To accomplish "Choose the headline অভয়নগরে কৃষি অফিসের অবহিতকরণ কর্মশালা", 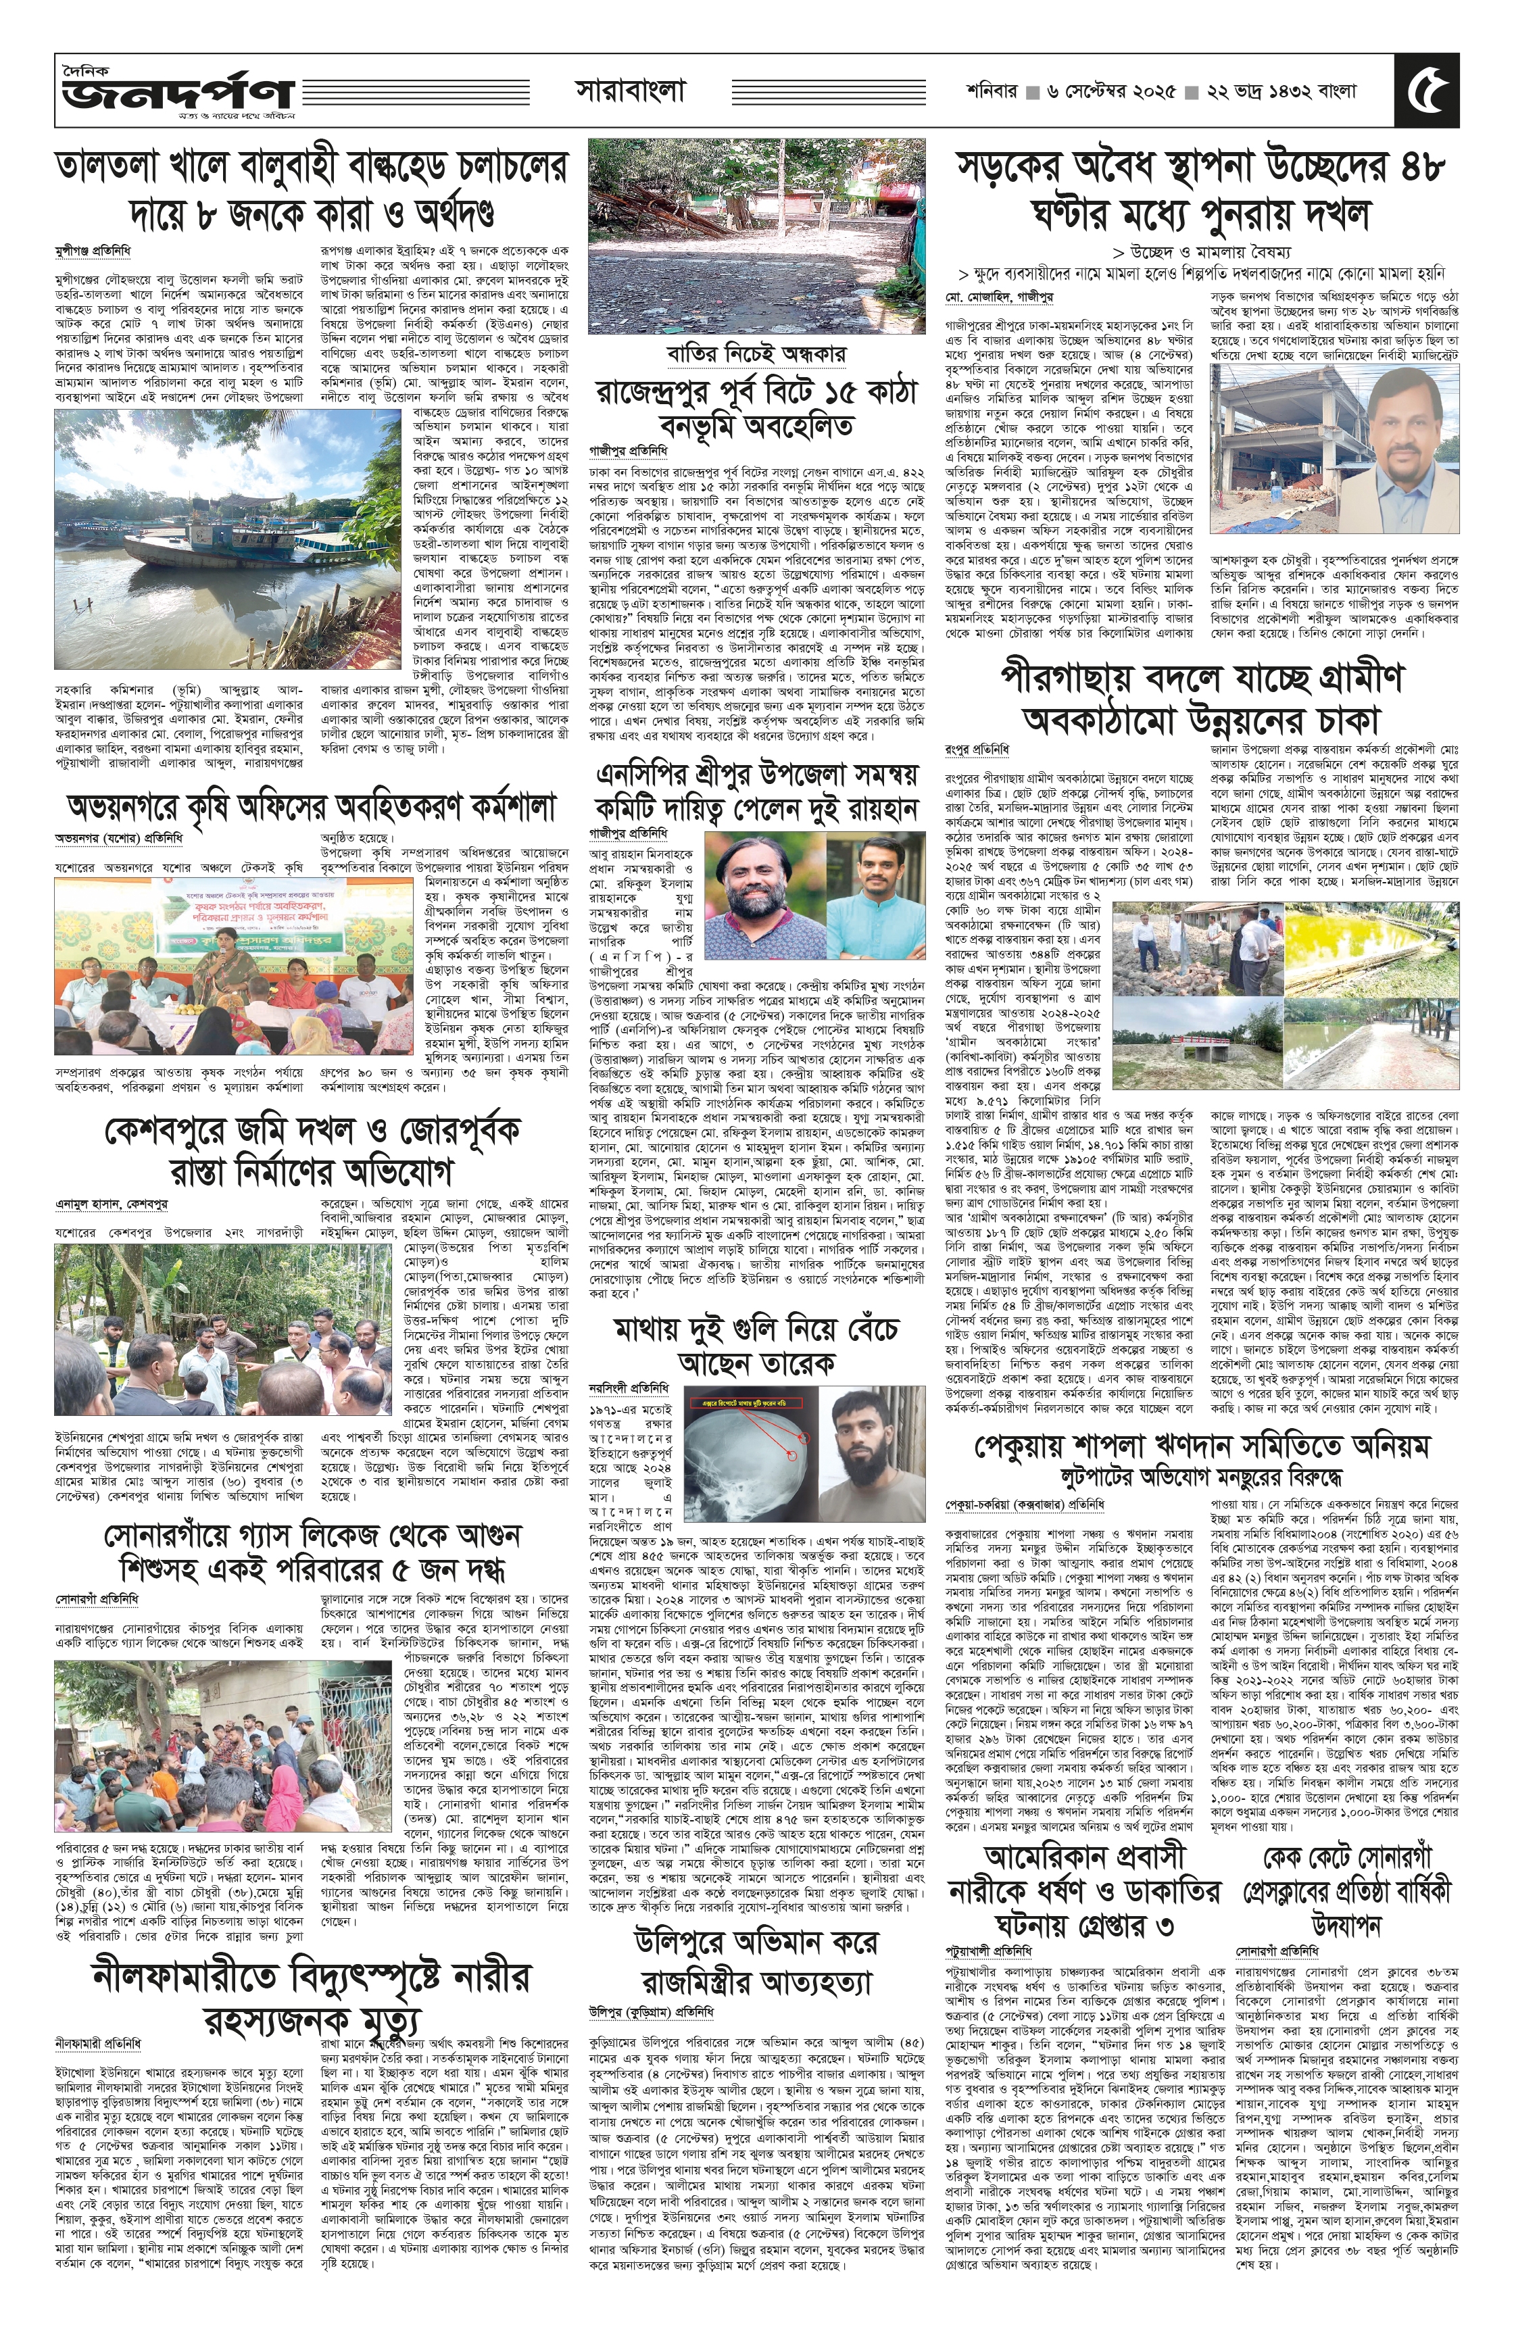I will tap(311, 807).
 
